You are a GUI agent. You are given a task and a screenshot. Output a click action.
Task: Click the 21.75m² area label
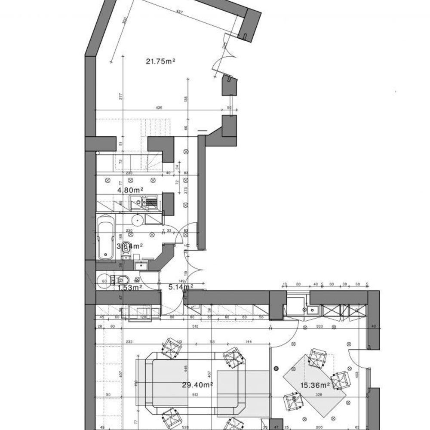tap(160, 61)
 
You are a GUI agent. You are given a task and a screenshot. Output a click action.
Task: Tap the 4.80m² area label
tap(130, 189)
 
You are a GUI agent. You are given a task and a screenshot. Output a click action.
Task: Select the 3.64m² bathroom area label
tap(130, 246)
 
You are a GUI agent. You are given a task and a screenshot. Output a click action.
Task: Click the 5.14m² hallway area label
tap(180, 286)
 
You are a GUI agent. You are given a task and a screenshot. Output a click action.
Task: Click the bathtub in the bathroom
tap(106, 238)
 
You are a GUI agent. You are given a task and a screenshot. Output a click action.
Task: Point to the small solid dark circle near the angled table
tap(276, 369)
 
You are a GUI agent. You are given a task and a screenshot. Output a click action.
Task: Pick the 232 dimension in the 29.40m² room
tap(117, 342)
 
